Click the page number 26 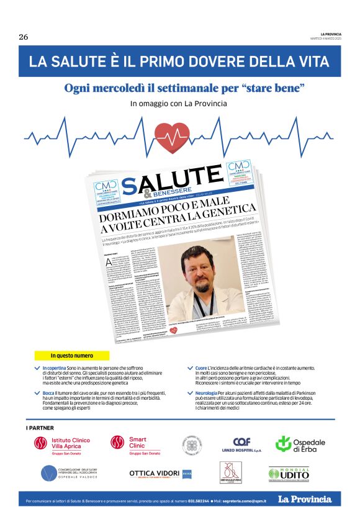pos(24,37)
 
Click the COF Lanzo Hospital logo pos(241,444)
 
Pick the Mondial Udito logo pos(289,474)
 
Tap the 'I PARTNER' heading pos(40,428)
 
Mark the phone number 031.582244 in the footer pos(199,500)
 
